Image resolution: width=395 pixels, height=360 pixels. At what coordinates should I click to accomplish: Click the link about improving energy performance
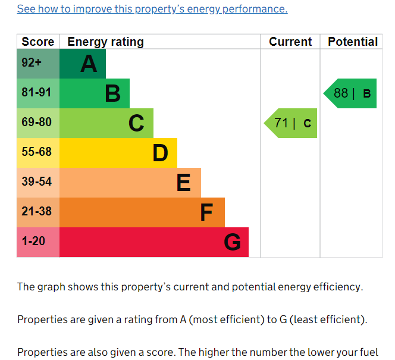click(x=152, y=9)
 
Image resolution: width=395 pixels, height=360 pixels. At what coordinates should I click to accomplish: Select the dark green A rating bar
click(x=83, y=64)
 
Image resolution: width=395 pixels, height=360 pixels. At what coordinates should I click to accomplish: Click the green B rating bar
click(x=95, y=93)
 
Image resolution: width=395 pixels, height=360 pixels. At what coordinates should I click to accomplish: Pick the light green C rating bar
click(x=106, y=123)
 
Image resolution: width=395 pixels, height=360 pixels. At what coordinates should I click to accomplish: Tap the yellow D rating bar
click(x=118, y=153)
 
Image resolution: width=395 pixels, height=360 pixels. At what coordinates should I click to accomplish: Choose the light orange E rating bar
click(x=130, y=183)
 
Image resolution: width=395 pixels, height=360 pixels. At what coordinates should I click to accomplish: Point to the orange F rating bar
click(x=142, y=212)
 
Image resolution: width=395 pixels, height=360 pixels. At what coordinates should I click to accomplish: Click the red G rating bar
click(x=154, y=242)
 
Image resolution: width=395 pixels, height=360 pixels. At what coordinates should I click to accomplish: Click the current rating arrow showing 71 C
click(x=291, y=123)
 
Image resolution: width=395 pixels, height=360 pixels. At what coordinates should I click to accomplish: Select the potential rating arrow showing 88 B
click(x=351, y=93)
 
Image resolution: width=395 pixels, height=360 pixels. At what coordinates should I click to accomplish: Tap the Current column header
click(x=290, y=42)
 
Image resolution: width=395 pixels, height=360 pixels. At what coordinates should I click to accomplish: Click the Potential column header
click(x=353, y=42)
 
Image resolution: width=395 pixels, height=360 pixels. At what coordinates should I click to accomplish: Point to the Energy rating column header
click(x=106, y=42)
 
